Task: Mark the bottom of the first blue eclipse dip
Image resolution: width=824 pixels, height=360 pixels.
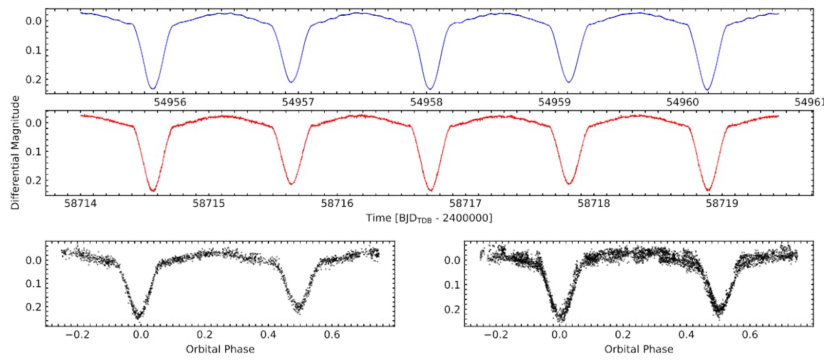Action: [153, 88]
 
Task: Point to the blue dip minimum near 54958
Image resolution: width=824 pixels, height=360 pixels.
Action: [430, 89]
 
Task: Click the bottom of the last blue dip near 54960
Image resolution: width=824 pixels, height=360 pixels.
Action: [707, 89]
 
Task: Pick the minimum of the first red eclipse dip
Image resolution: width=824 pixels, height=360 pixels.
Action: [153, 190]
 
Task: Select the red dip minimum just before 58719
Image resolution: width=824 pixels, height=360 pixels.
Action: [707, 190]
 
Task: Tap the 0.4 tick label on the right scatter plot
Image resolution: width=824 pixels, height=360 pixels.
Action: [687, 335]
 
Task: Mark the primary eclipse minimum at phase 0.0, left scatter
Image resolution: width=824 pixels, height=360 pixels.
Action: [139, 317]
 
